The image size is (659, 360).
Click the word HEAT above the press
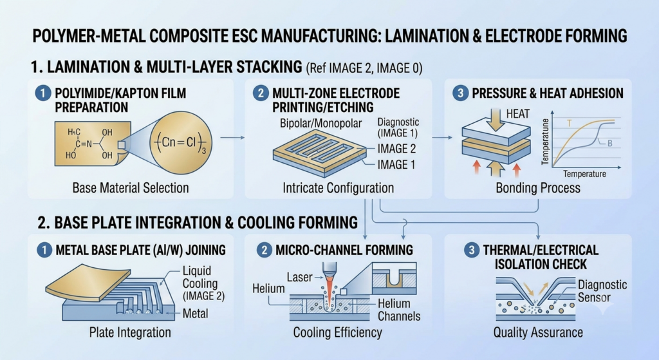(x=518, y=114)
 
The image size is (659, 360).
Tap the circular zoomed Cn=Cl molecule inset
(x=181, y=142)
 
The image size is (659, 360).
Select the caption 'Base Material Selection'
(x=130, y=187)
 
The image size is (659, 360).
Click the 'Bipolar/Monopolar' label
(x=320, y=123)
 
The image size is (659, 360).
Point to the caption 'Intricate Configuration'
(x=339, y=187)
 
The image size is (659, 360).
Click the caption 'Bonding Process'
(x=538, y=187)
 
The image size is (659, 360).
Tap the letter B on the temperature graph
(x=610, y=144)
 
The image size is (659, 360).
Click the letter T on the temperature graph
(x=570, y=123)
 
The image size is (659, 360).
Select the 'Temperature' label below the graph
(x=584, y=174)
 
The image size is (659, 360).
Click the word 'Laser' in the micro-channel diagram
(x=300, y=277)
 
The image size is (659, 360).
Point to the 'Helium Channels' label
(x=399, y=310)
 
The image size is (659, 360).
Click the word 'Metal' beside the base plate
(x=196, y=314)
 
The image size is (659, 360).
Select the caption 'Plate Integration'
(x=130, y=332)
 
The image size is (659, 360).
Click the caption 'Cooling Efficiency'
(x=337, y=332)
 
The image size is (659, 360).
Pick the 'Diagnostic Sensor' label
(x=602, y=291)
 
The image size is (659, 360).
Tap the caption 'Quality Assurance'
(x=538, y=332)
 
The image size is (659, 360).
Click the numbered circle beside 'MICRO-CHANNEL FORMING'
(x=265, y=251)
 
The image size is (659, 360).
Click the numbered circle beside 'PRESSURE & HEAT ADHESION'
(x=460, y=93)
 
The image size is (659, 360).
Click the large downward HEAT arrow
(x=497, y=119)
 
